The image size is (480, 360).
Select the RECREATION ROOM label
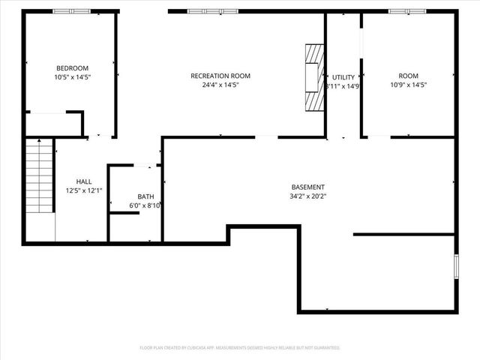[x=220, y=76]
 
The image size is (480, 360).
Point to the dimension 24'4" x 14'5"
[x=220, y=85]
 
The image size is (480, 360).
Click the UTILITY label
[x=343, y=77]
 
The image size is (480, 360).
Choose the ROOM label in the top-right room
[x=408, y=76]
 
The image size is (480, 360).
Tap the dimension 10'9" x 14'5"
[x=408, y=85]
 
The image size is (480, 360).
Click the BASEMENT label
[x=308, y=187]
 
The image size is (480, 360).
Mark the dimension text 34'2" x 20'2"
[x=308, y=196]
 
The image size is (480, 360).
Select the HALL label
[x=84, y=181]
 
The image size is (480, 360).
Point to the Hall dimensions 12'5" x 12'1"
[x=84, y=191]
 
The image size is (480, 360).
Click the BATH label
[x=145, y=196]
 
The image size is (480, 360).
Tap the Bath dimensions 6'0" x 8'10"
[x=145, y=205]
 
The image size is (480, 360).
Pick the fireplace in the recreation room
[x=313, y=77]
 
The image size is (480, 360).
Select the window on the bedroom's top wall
[x=71, y=11]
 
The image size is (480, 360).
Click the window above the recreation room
[x=204, y=11]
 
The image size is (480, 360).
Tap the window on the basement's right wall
[x=455, y=267]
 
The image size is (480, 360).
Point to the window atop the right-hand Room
[x=406, y=11]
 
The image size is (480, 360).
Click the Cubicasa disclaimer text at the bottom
[x=240, y=348]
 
